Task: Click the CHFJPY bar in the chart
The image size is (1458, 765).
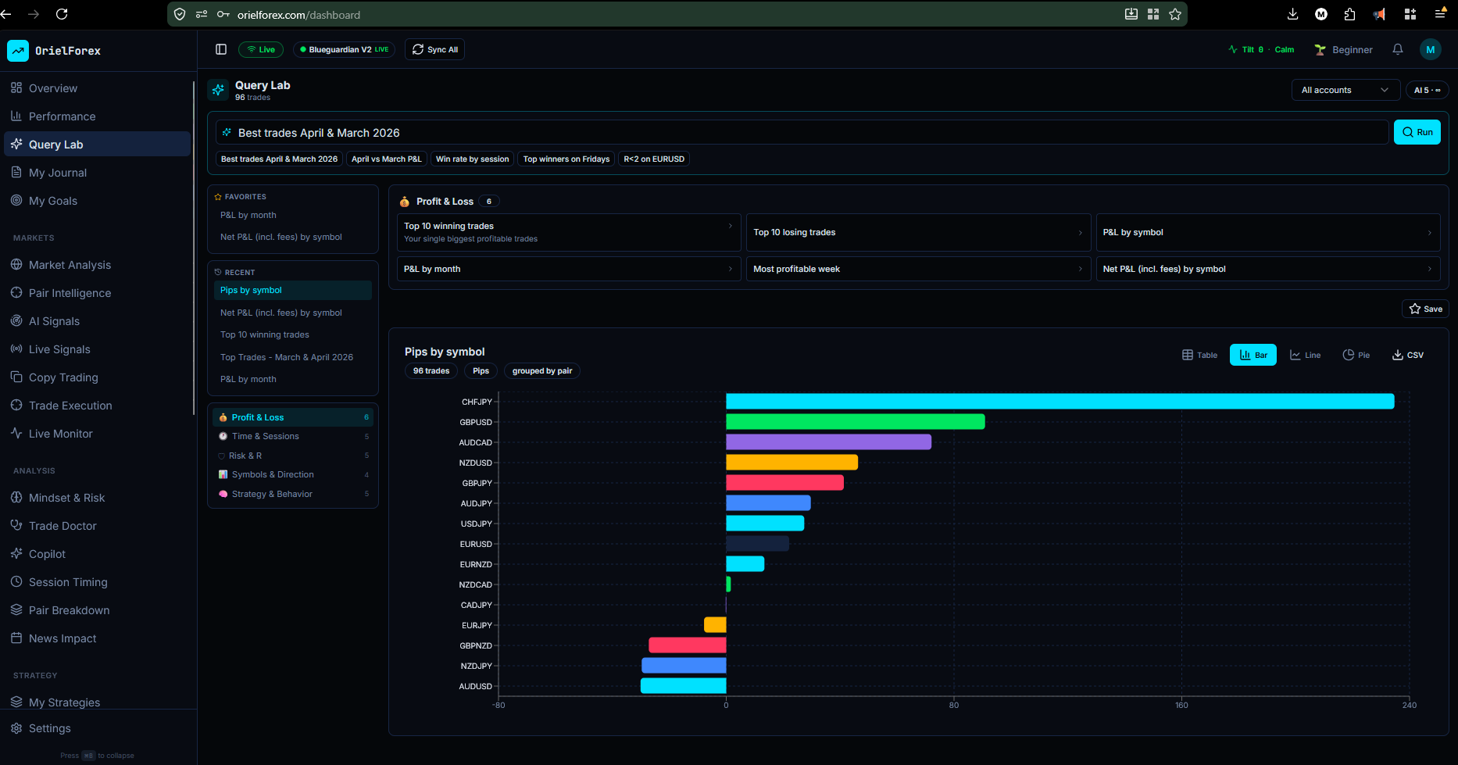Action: click(x=1060, y=402)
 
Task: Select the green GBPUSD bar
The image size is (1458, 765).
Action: click(x=855, y=422)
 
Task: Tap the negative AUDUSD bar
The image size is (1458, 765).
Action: click(x=684, y=686)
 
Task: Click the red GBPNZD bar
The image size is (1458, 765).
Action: click(x=688, y=645)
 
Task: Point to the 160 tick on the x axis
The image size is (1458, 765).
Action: click(x=1181, y=705)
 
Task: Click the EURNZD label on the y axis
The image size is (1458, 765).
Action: click(x=476, y=564)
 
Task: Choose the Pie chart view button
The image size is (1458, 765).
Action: click(x=1356, y=355)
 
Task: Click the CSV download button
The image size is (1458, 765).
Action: click(x=1408, y=355)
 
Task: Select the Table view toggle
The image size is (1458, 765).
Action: click(x=1199, y=355)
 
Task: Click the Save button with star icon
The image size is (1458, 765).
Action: click(x=1425, y=309)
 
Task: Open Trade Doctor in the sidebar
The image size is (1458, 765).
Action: click(x=63, y=526)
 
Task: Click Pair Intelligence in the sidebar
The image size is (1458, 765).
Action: click(x=70, y=293)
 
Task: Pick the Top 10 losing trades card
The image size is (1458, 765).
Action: click(x=917, y=232)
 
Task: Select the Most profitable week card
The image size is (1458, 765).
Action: click(x=917, y=269)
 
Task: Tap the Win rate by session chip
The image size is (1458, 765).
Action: click(x=472, y=159)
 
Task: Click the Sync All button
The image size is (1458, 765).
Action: click(x=435, y=49)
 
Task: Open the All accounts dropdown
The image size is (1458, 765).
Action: click(x=1344, y=90)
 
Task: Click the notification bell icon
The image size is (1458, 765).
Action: click(x=1398, y=49)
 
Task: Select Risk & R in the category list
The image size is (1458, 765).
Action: click(x=245, y=456)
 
